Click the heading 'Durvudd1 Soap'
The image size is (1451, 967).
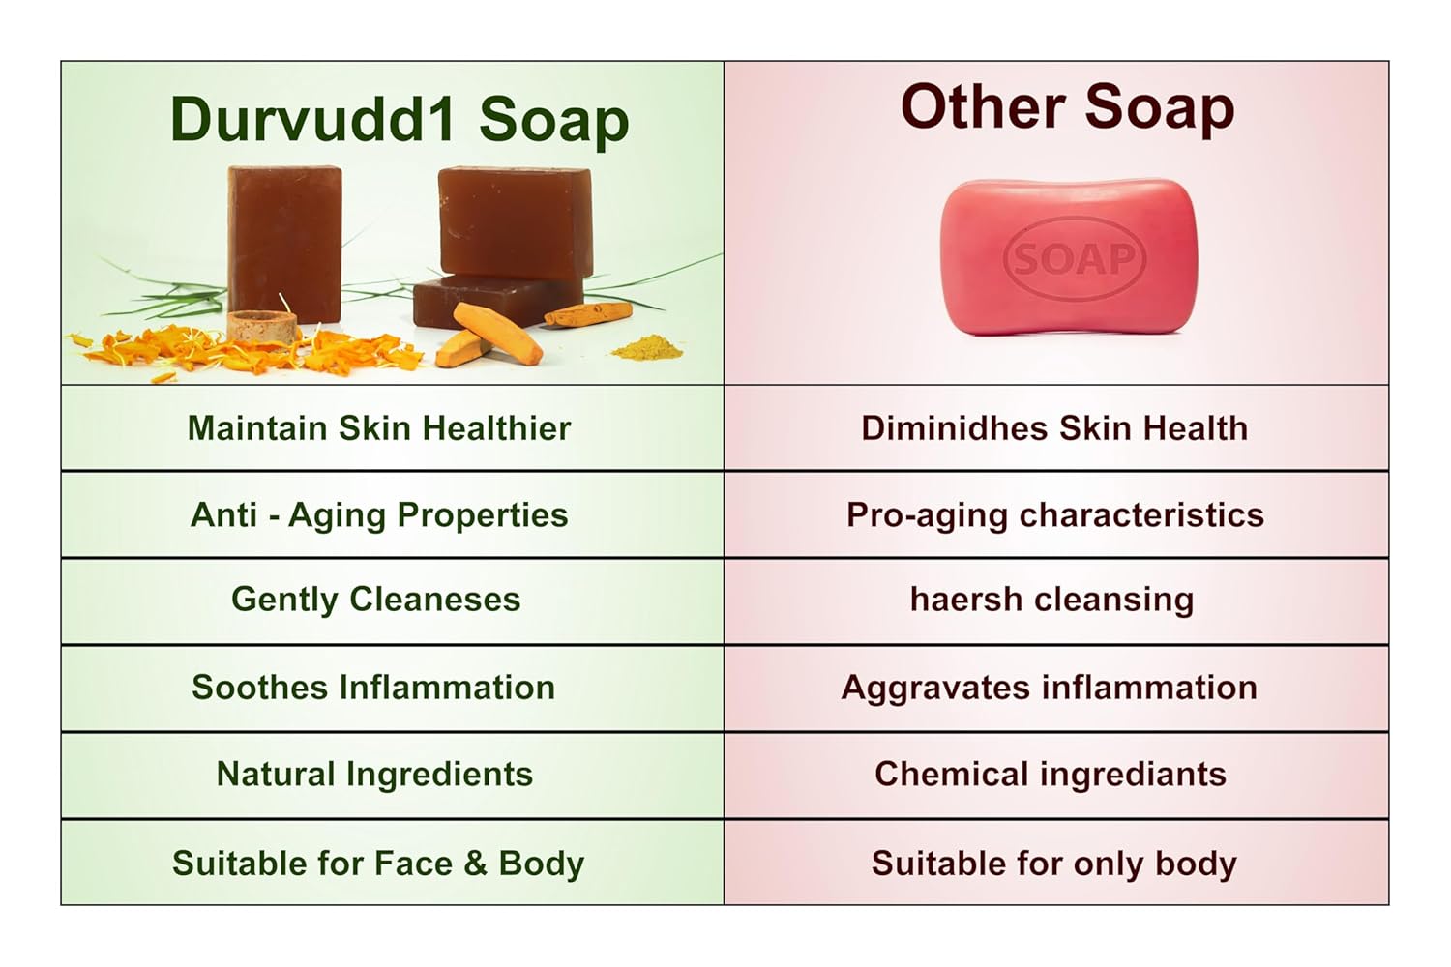(x=399, y=120)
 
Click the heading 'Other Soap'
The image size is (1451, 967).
(x=1067, y=106)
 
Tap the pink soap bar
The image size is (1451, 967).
(x=1069, y=257)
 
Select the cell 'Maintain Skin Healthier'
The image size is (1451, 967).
(x=378, y=428)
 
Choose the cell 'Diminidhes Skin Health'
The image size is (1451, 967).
(x=1054, y=428)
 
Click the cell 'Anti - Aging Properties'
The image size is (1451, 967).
(x=378, y=514)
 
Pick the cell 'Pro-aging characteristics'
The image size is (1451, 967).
(x=1054, y=514)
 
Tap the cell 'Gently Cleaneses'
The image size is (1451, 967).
(x=375, y=600)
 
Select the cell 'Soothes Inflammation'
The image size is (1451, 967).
(x=373, y=688)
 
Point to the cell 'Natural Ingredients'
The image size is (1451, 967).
(x=374, y=775)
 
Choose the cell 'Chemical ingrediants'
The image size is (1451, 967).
(x=1051, y=775)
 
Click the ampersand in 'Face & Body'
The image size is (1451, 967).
(x=475, y=864)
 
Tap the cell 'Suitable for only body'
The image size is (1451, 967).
(x=1054, y=864)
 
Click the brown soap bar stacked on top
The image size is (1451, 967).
(x=515, y=222)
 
